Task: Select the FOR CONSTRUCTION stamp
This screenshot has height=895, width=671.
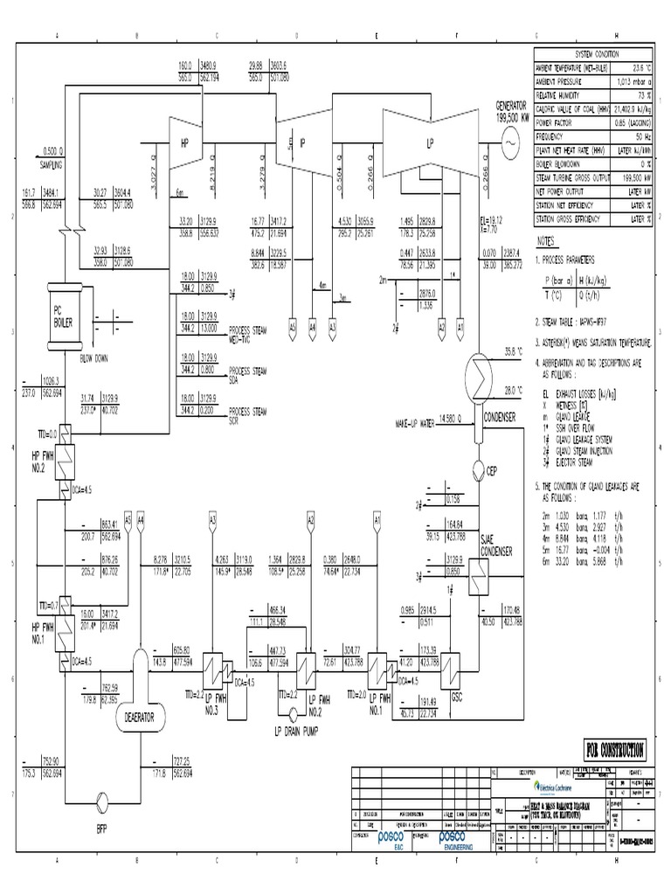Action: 610,749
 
